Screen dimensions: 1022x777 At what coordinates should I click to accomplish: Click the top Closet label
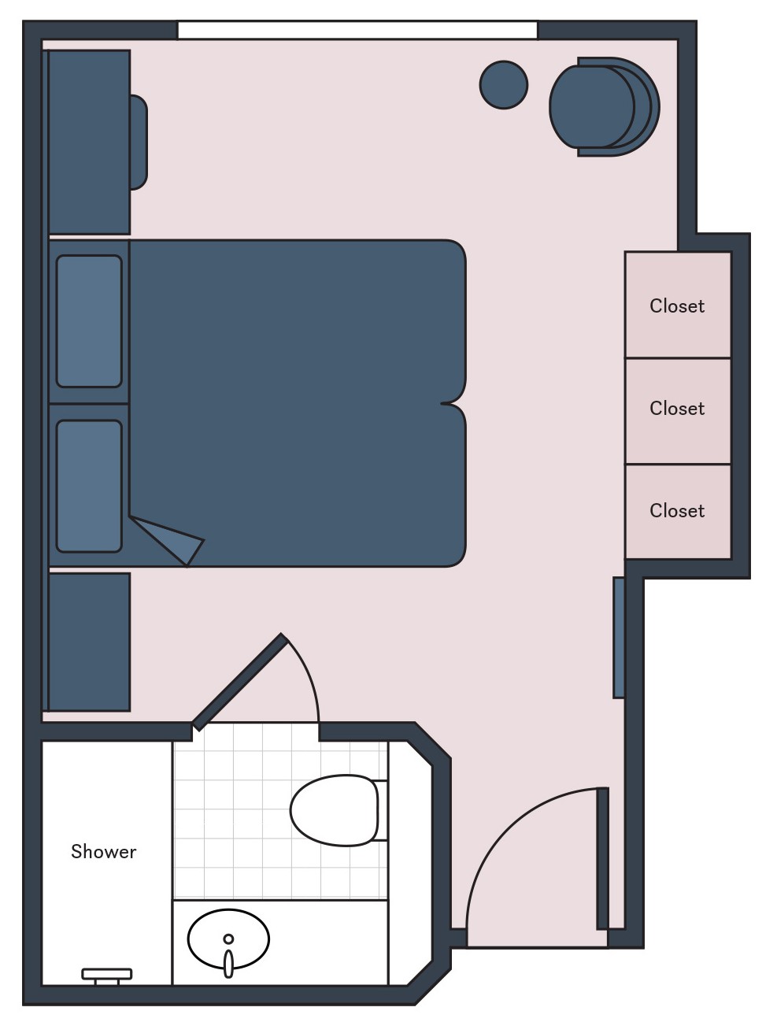676,305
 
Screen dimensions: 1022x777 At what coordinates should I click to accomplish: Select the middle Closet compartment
677,410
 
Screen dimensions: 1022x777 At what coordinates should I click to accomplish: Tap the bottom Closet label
676,510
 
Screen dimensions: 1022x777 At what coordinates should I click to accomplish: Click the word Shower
103,851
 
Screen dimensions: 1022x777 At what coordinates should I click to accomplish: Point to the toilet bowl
334,810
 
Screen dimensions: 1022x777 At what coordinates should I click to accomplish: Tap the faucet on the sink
228,961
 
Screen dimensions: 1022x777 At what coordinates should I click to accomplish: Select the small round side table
504,85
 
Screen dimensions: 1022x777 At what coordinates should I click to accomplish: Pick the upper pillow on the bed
89,321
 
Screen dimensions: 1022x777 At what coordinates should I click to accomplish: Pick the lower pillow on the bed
89,486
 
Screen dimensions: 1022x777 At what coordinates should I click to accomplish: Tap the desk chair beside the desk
139,142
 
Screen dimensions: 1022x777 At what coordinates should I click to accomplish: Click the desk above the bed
89,142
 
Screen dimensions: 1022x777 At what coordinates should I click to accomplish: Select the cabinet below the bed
89,642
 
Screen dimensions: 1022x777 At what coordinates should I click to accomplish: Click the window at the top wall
357,31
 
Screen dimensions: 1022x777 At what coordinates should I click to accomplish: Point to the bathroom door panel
239,682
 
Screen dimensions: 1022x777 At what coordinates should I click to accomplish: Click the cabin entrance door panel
602,858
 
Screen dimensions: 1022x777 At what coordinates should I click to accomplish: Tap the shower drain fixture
106,975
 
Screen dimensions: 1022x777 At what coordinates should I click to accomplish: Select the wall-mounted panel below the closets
619,638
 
